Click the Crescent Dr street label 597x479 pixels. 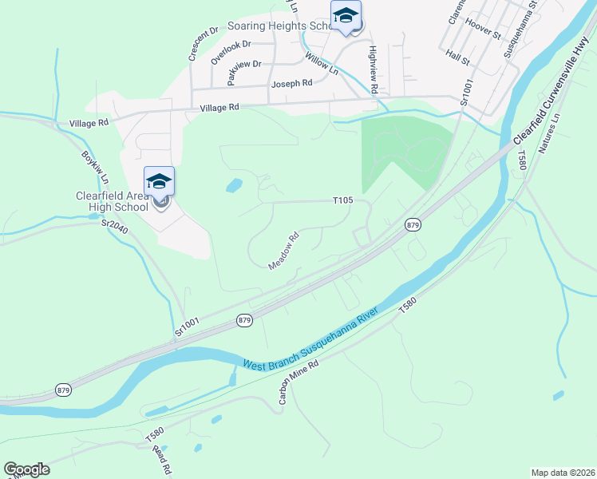204,45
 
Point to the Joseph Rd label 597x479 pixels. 291,83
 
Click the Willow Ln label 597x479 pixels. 322,63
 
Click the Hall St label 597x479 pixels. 458,57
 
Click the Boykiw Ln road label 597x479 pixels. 94,165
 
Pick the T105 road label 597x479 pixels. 342,200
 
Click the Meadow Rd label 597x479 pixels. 283,250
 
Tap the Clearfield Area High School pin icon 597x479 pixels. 159,184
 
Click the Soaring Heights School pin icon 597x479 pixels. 346,16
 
